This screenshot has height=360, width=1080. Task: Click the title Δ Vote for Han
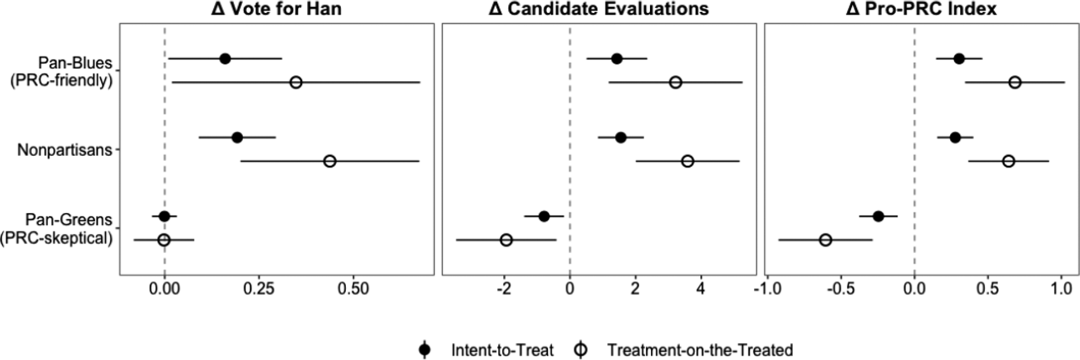[x=276, y=9]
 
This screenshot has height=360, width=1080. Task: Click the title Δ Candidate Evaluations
[x=599, y=9]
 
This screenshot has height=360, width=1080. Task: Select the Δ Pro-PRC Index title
[x=921, y=9]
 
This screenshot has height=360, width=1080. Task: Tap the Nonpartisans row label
[x=64, y=150]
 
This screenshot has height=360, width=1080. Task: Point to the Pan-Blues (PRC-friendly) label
[x=61, y=71]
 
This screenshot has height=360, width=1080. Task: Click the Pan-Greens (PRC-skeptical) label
[x=57, y=229]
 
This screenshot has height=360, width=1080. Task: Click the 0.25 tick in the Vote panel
[x=259, y=289]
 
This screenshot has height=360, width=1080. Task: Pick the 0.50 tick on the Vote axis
[x=353, y=289]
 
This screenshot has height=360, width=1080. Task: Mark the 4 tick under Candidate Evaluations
[x=701, y=289]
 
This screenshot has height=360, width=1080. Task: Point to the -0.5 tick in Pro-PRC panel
[x=841, y=289]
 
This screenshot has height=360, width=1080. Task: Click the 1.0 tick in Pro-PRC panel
[x=1061, y=289]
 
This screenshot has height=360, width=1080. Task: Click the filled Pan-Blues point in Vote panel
[x=225, y=59]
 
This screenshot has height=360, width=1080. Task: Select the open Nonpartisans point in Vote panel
[x=330, y=161]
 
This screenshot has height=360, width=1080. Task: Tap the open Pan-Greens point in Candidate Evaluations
[x=506, y=240]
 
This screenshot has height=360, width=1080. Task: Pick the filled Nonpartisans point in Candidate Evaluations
[x=620, y=137]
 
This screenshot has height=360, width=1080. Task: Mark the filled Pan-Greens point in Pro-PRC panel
[x=878, y=216]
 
